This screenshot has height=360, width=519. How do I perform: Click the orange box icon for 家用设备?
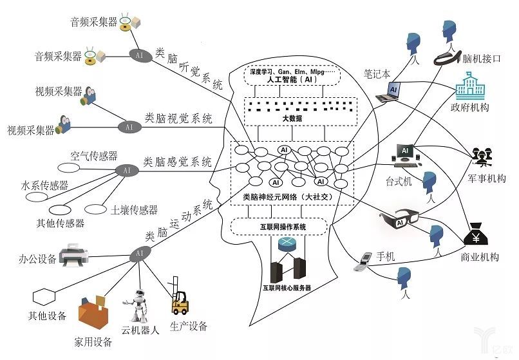(91, 314)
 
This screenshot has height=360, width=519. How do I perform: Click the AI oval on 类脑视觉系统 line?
(129, 127)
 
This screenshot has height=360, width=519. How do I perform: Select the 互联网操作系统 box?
(278, 227)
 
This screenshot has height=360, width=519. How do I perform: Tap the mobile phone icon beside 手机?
(364, 259)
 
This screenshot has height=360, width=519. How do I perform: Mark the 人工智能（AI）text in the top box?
(291, 80)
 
